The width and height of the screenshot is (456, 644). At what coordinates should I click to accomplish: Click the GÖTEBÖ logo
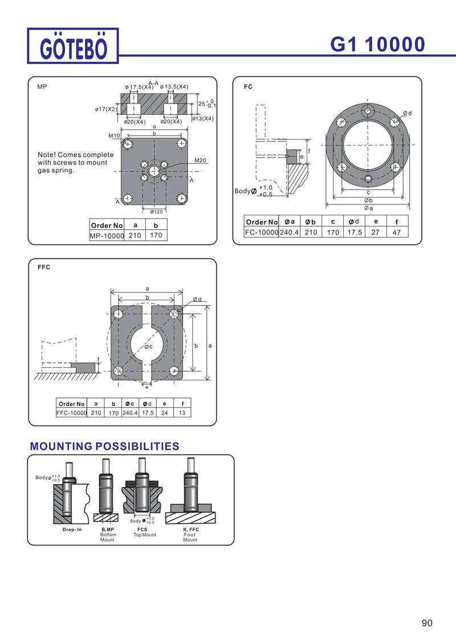pos(73,45)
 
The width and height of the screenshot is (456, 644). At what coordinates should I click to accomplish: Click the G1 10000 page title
pos(377,45)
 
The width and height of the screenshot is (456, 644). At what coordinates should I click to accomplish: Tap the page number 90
pos(427,623)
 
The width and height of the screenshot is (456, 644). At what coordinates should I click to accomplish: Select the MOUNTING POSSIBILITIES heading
pos(104,446)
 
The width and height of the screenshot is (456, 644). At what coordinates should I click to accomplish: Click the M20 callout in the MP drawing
pos(199,160)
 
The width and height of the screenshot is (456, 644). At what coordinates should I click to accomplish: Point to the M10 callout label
pos(114,136)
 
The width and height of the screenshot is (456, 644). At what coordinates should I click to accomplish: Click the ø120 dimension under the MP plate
pos(156,212)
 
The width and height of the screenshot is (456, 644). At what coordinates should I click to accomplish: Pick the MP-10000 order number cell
pos(107,235)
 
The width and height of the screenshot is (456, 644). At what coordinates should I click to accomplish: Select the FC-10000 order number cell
pos(261,232)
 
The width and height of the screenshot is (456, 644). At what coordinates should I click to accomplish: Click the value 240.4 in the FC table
pos(290,232)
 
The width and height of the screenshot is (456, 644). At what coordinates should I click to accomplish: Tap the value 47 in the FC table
pos(396,232)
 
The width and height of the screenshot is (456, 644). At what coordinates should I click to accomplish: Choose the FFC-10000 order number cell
pos(71,413)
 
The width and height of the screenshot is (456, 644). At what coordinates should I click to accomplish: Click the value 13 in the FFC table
pos(182,413)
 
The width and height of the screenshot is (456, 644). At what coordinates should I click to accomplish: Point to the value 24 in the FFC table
pos(164,413)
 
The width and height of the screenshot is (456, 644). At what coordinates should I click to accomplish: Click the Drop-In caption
pos(72,530)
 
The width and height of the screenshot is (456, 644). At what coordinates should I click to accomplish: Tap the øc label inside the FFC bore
pos(148,346)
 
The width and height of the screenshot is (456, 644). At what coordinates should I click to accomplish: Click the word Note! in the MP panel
pos(47,155)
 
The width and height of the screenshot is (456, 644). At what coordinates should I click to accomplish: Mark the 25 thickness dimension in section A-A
pos(201,104)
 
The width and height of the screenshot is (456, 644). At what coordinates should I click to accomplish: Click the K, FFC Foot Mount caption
pos(190,534)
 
